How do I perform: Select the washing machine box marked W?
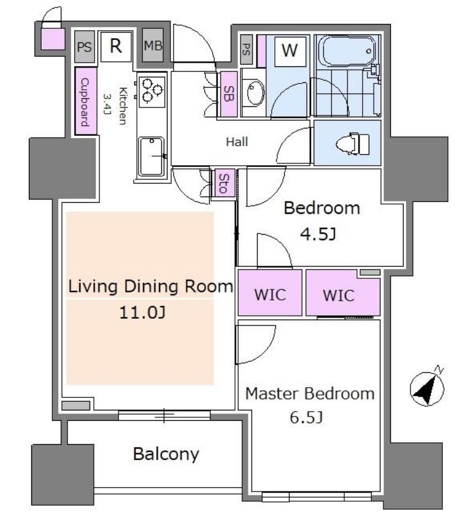tap(290, 50)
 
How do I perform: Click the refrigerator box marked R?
tap(116, 47)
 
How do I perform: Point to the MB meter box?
tap(153, 45)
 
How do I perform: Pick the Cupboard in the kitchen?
tap(86, 101)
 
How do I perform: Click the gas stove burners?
tap(152, 90)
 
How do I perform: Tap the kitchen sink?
tap(152, 157)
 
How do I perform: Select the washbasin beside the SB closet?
tap(256, 92)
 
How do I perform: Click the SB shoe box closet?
tap(229, 94)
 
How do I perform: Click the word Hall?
tap(237, 141)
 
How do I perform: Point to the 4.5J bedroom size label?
tap(318, 234)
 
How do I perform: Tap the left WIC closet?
tap(270, 293)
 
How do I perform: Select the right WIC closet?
tap(343, 294)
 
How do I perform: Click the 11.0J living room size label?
tap(142, 312)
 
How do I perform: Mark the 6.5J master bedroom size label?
tap(306, 417)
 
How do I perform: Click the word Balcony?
tap(166, 455)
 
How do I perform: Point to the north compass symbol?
tap(428, 387)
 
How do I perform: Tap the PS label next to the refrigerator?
tap(85, 47)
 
